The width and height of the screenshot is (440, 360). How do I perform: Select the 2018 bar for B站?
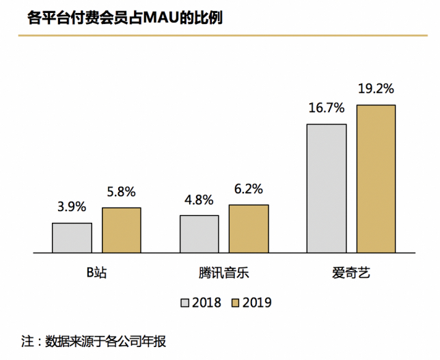[72, 238]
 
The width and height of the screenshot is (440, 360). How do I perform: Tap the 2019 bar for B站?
[122, 230]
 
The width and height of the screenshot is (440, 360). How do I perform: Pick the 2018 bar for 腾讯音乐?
[200, 234]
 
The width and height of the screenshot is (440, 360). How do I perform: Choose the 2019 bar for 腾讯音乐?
[249, 229]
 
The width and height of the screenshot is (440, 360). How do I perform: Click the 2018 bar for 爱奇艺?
[327, 189]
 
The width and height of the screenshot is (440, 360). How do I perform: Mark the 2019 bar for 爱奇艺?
[376, 179]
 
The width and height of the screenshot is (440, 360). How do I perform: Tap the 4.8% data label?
[199, 201]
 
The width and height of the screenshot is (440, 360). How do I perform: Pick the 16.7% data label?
[327, 109]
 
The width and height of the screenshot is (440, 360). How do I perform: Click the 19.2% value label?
[376, 89]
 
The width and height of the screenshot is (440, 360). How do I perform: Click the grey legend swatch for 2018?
[184, 302]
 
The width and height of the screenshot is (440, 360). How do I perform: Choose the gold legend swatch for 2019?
[235, 302]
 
